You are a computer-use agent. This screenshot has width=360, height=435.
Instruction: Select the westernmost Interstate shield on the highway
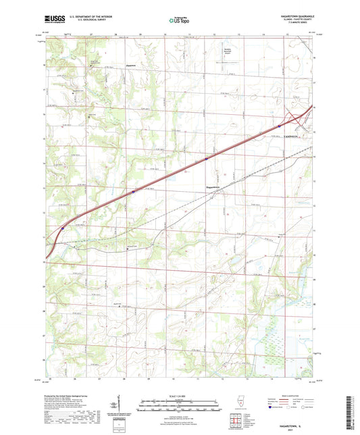pyautogui.click(x=63, y=228)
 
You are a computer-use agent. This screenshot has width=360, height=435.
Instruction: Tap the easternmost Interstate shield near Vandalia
pyautogui.click(x=280, y=125)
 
